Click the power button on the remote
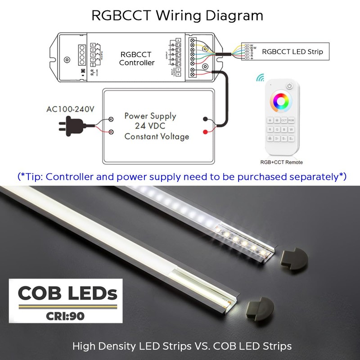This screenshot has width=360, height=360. tap(290, 86)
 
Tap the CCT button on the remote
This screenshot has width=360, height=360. tap(284, 121)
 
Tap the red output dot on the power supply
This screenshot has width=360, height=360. tap(206, 132)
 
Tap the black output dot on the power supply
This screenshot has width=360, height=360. tap(206, 120)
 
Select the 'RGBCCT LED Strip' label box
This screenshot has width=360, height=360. tap(292, 52)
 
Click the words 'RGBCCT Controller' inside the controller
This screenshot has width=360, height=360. tap(137, 58)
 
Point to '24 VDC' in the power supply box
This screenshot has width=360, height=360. tap(150, 126)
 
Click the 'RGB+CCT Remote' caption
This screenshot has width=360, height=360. tap(282, 162)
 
